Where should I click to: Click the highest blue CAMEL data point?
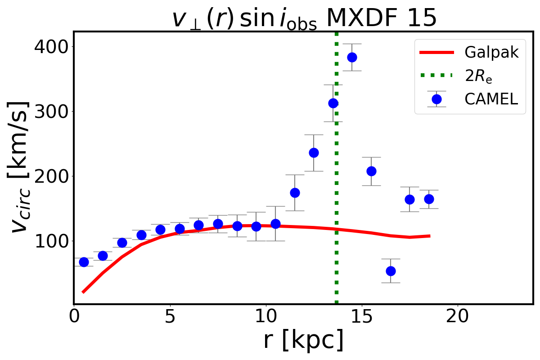coord(352,57)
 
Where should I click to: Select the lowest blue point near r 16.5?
coord(391,271)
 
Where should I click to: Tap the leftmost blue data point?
coord(84,262)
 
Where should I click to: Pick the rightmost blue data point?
coord(429,199)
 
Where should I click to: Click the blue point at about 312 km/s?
coord(333,103)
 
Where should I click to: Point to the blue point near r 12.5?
coord(314,153)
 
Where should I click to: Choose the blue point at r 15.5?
coord(371,171)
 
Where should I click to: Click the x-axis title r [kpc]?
coord(303,340)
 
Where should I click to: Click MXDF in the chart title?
coord(358,19)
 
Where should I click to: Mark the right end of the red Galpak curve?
coord(430,236)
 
